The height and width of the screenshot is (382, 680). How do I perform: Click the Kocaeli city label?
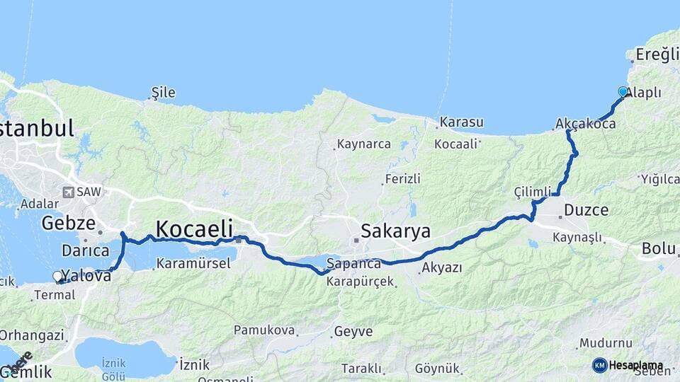point(194,228)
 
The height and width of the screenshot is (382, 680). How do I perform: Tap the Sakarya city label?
point(395,231)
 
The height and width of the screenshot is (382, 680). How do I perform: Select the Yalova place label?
point(87,276)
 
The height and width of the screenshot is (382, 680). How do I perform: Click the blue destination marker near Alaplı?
point(623,92)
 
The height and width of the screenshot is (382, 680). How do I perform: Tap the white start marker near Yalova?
point(57,276)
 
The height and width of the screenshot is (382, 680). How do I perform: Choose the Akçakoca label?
point(586,124)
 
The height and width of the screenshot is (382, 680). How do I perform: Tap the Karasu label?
point(461,122)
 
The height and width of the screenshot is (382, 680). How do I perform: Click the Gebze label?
point(68,224)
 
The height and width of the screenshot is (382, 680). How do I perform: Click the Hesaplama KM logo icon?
point(599,365)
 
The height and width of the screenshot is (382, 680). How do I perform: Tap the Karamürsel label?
point(193,264)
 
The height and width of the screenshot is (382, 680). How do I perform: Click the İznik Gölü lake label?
point(113,369)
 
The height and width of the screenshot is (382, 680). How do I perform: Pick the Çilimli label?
point(533,192)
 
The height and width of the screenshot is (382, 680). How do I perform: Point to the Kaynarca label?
point(364,144)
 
